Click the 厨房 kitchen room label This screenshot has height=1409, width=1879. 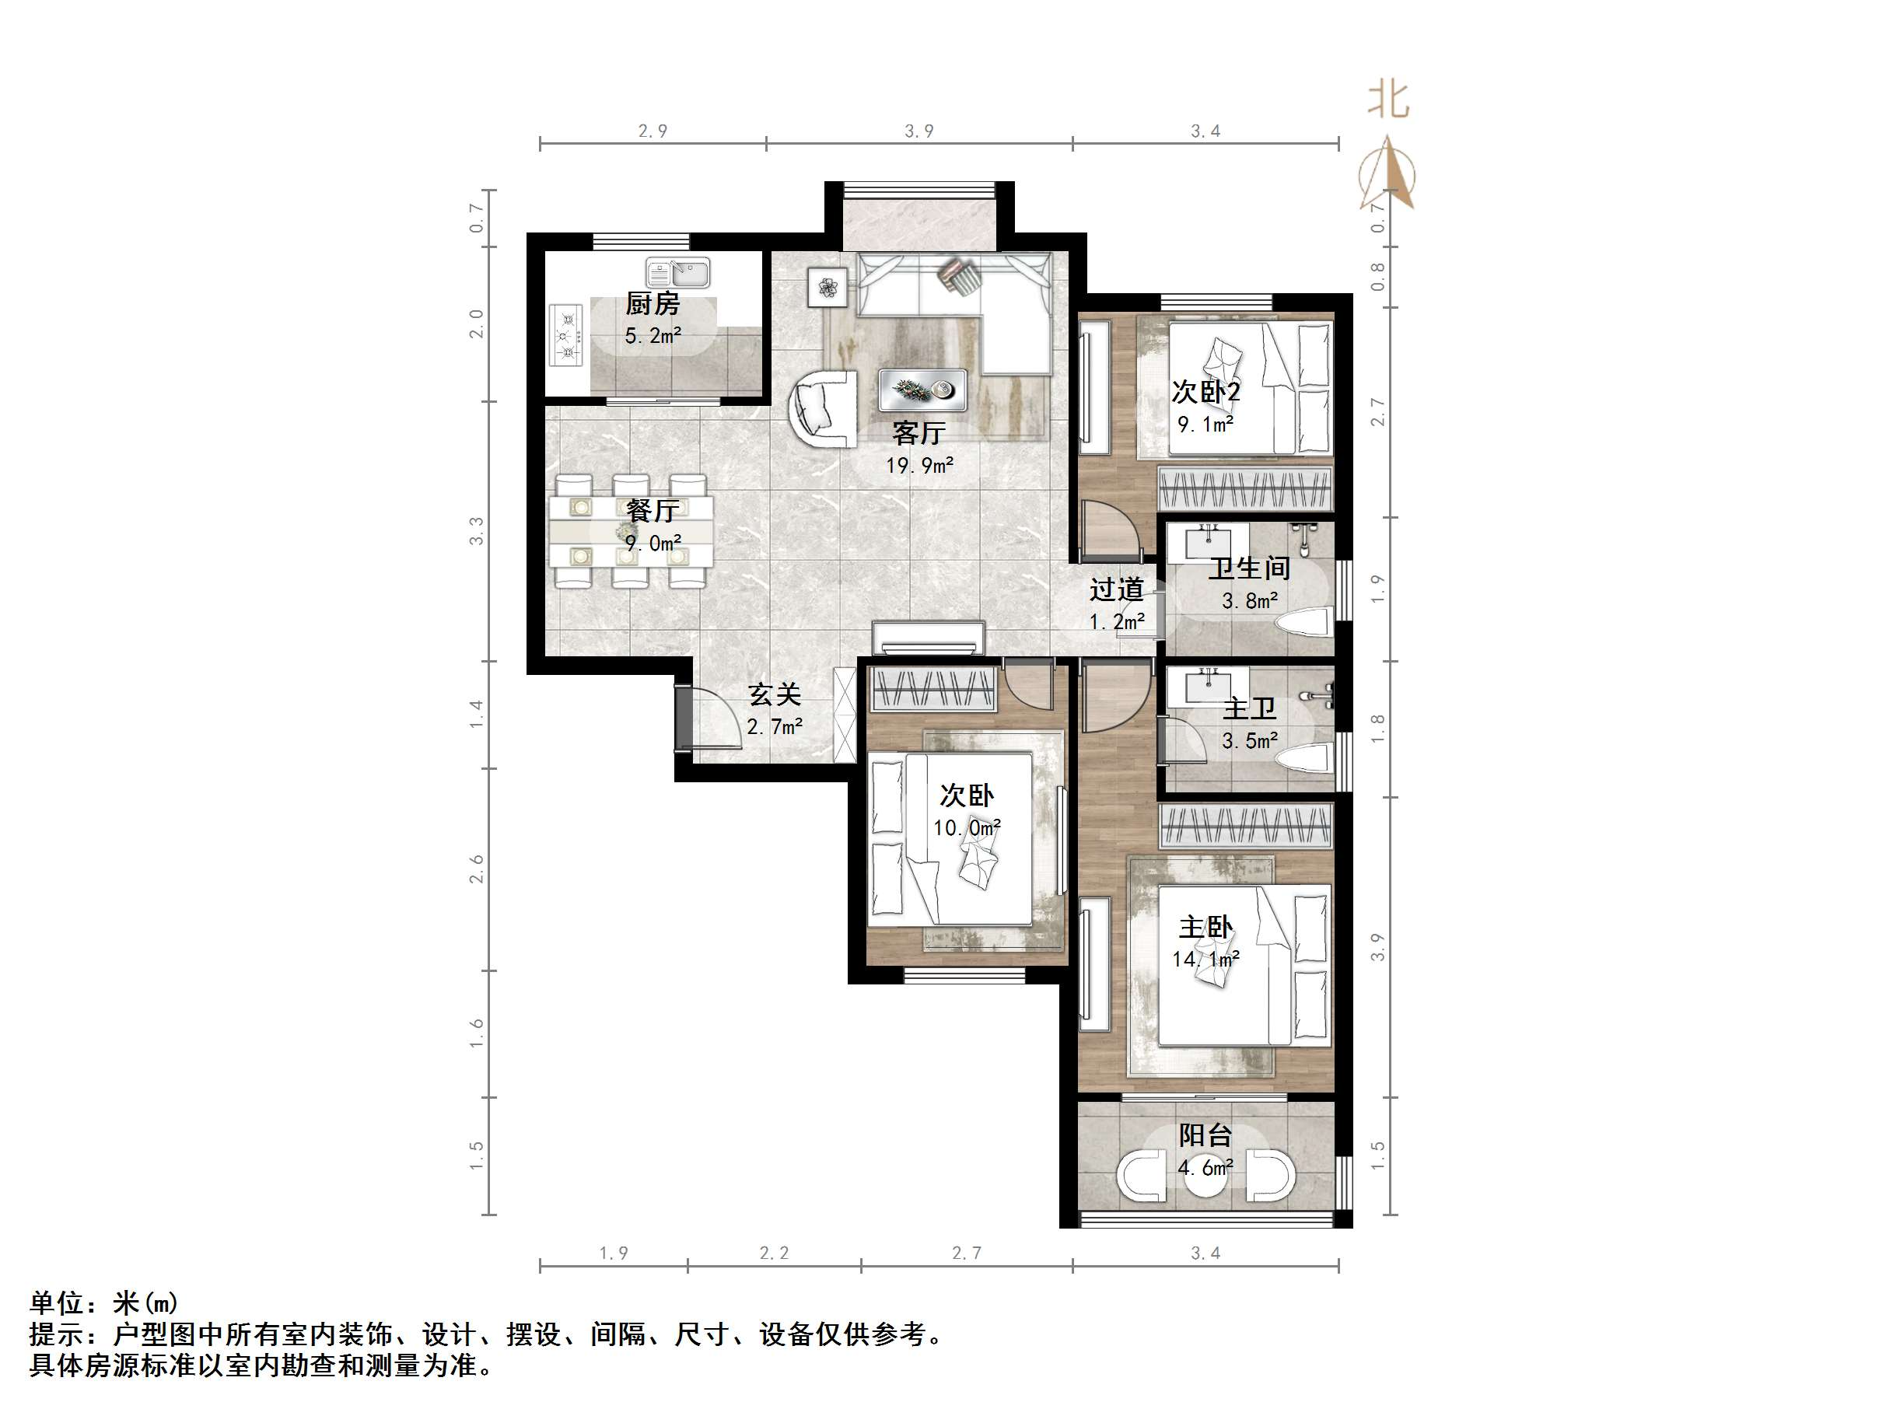[653, 303]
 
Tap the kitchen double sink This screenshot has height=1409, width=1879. [677, 274]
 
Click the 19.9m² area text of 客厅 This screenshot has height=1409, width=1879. [919, 466]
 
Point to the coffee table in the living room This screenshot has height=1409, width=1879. [922, 390]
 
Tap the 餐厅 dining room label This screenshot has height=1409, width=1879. [653, 510]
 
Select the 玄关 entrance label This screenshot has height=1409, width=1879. [775, 694]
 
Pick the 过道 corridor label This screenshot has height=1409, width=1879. [1116, 589]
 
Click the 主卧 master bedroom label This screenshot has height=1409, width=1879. [1205, 927]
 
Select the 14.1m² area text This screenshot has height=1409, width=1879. [1205, 959]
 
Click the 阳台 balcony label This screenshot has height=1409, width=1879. [1205, 1135]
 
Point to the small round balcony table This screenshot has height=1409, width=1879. [1206, 1176]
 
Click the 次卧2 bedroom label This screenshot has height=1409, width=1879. [1205, 392]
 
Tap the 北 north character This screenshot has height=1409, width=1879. [1388, 100]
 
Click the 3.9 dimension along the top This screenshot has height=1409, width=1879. [919, 131]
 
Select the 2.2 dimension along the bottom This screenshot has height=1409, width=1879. [774, 1253]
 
